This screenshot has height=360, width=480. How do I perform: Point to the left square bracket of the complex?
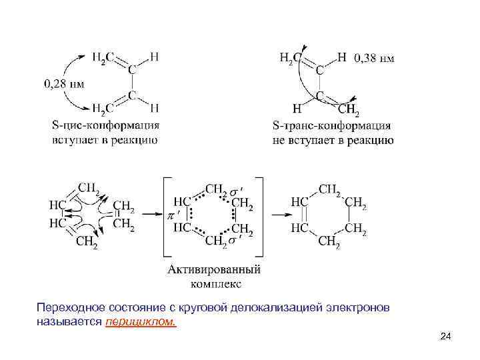click(x=163, y=216)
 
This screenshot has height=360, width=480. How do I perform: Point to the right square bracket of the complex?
click(x=261, y=216)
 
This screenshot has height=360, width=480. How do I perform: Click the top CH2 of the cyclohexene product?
click(x=329, y=189)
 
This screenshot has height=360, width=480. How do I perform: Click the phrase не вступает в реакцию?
click(x=333, y=140)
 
